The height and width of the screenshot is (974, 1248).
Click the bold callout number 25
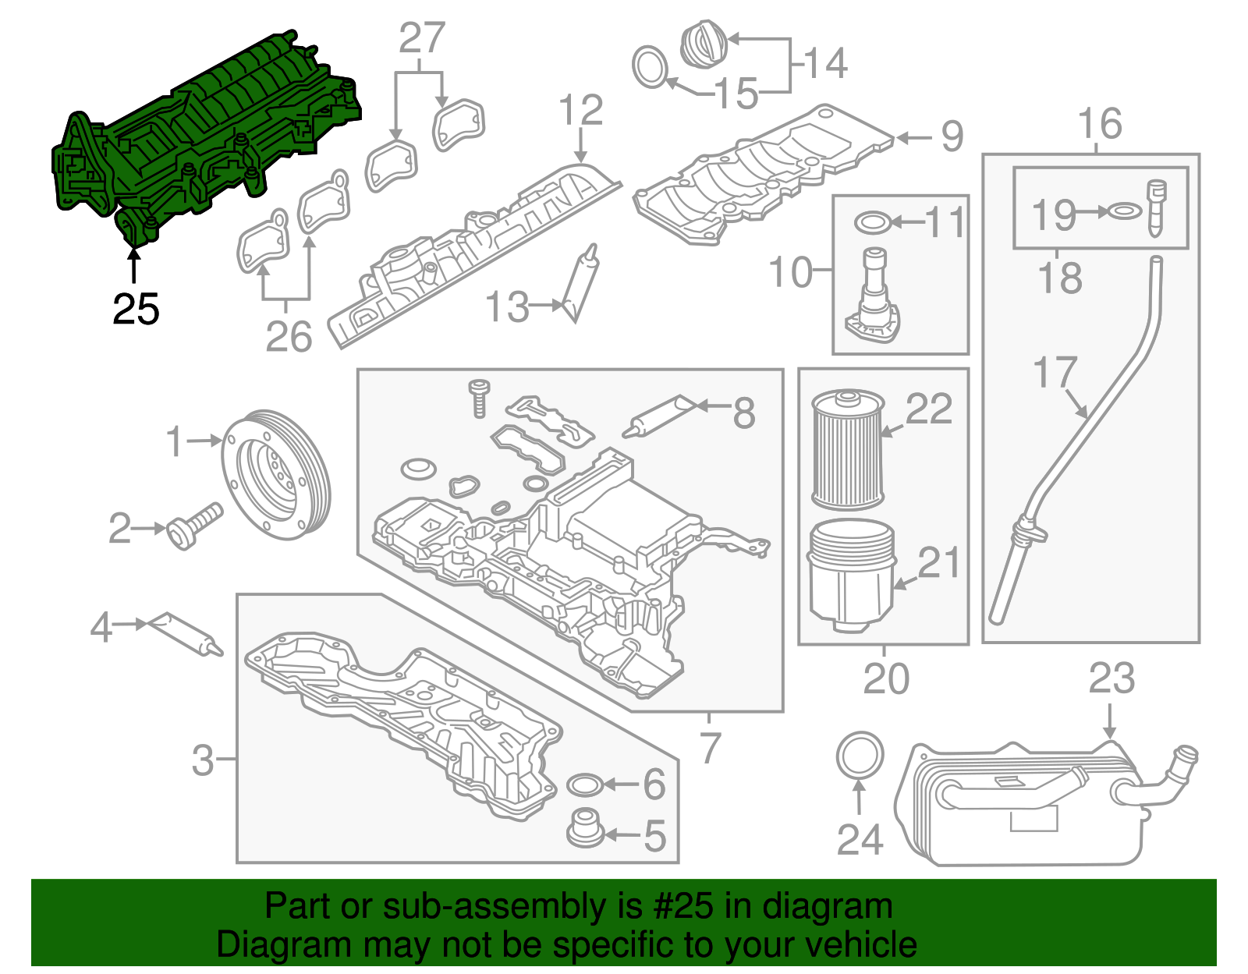pos(136,309)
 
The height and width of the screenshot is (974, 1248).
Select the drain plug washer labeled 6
pos(585,784)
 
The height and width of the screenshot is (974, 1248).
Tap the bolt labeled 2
pos(195,526)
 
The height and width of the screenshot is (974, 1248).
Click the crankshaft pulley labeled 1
pos(276,473)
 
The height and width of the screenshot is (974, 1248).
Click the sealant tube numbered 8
pos(661,415)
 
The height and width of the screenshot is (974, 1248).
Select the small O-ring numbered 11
pos(873,223)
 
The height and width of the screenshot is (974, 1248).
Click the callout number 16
pos(1100,124)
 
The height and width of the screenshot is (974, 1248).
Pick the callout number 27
pos(421,38)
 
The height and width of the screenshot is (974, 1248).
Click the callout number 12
pos(581,110)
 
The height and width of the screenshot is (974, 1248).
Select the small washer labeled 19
pos(1123,211)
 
